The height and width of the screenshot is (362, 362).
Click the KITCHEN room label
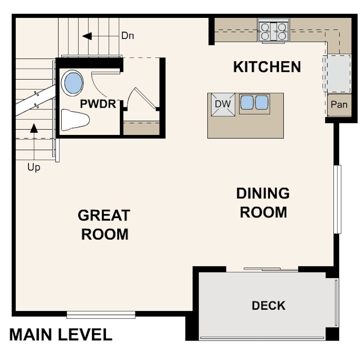pos(267,67)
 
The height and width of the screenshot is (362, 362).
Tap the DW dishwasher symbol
pos(222,104)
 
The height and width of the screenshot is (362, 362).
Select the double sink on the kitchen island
pos(254,103)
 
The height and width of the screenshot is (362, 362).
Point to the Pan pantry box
pos(338,105)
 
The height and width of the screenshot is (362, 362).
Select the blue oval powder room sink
pos(73,83)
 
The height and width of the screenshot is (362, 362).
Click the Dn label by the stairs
pos(127,36)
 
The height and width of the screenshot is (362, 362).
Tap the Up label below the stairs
pos(34,168)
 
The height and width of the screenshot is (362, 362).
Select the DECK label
pos(268,306)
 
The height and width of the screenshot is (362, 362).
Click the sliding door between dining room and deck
pos(271,269)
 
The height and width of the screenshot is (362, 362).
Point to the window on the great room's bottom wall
pos(101,315)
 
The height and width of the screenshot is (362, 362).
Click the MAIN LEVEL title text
pos(61,335)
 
